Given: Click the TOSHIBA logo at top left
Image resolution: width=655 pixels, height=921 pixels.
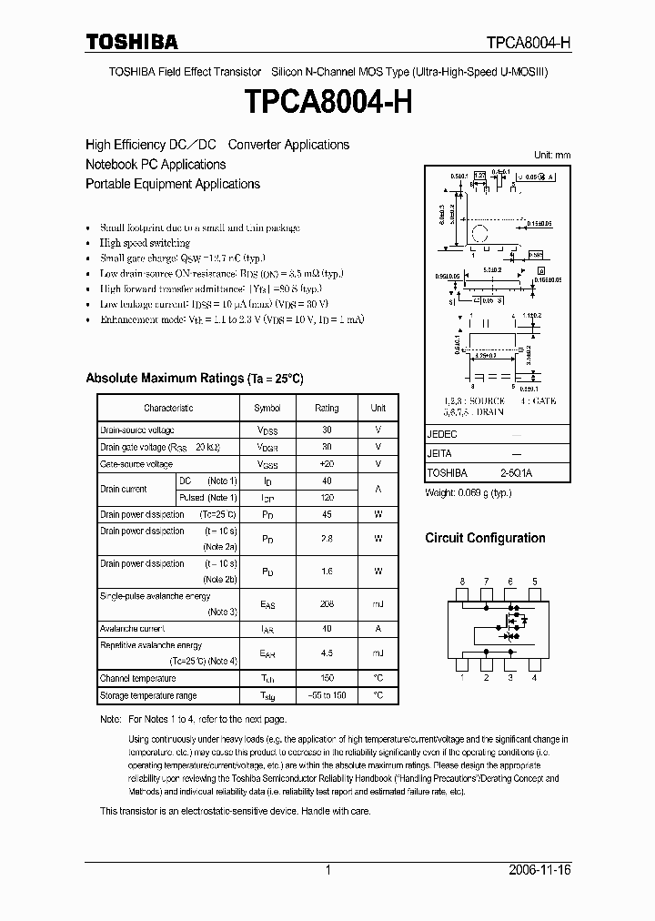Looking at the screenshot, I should pyautogui.click(x=132, y=42).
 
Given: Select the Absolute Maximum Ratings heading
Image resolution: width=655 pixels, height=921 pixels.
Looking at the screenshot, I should pyautogui.click(x=194, y=378).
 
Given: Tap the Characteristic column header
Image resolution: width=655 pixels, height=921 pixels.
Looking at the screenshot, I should pyautogui.click(x=168, y=409).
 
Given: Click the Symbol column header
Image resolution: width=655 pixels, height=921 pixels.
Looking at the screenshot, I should pyautogui.click(x=267, y=409).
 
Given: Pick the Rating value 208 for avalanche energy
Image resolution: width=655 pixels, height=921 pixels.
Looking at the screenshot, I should pyautogui.click(x=327, y=603).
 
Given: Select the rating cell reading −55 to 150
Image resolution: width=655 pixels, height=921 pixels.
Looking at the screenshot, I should pyautogui.click(x=327, y=696).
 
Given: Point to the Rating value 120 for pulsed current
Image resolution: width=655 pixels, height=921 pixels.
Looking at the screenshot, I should pyautogui.click(x=327, y=498).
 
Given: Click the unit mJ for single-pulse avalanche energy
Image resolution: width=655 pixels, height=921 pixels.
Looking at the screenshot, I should pyautogui.click(x=378, y=603).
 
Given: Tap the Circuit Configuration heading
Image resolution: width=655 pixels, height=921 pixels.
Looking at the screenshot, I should pyautogui.click(x=485, y=538).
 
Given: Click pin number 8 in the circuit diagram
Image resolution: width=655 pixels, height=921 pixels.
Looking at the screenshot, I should pyautogui.click(x=462, y=581).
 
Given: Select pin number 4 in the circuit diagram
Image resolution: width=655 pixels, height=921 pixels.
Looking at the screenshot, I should pyautogui.click(x=534, y=678).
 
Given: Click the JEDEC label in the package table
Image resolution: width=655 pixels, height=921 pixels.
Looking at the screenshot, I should pyautogui.click(x=441, y=435).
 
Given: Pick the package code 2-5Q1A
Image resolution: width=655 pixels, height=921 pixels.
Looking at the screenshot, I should pyautogui.click(x=516, y=473).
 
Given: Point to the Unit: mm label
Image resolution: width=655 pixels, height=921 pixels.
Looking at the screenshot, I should pyautogui.click(x=551, y=156).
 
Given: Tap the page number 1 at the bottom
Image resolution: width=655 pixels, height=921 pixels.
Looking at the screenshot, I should pyautogui.click(x=327, y=871).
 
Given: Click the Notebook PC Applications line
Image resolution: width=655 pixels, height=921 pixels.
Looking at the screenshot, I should pyautogui.click(x=156, y=165).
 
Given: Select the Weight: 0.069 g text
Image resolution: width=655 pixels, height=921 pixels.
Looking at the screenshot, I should pyautogui.click(x=469, y=492).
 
